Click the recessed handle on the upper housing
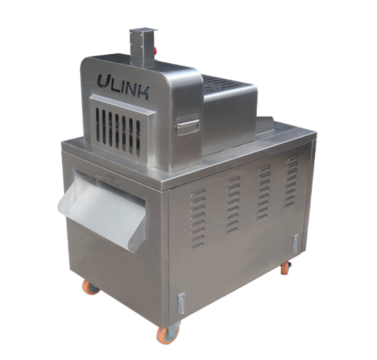(188, 126)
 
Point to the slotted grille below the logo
(118, 128)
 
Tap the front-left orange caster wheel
(91, 287)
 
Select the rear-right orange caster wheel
(286, 267)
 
